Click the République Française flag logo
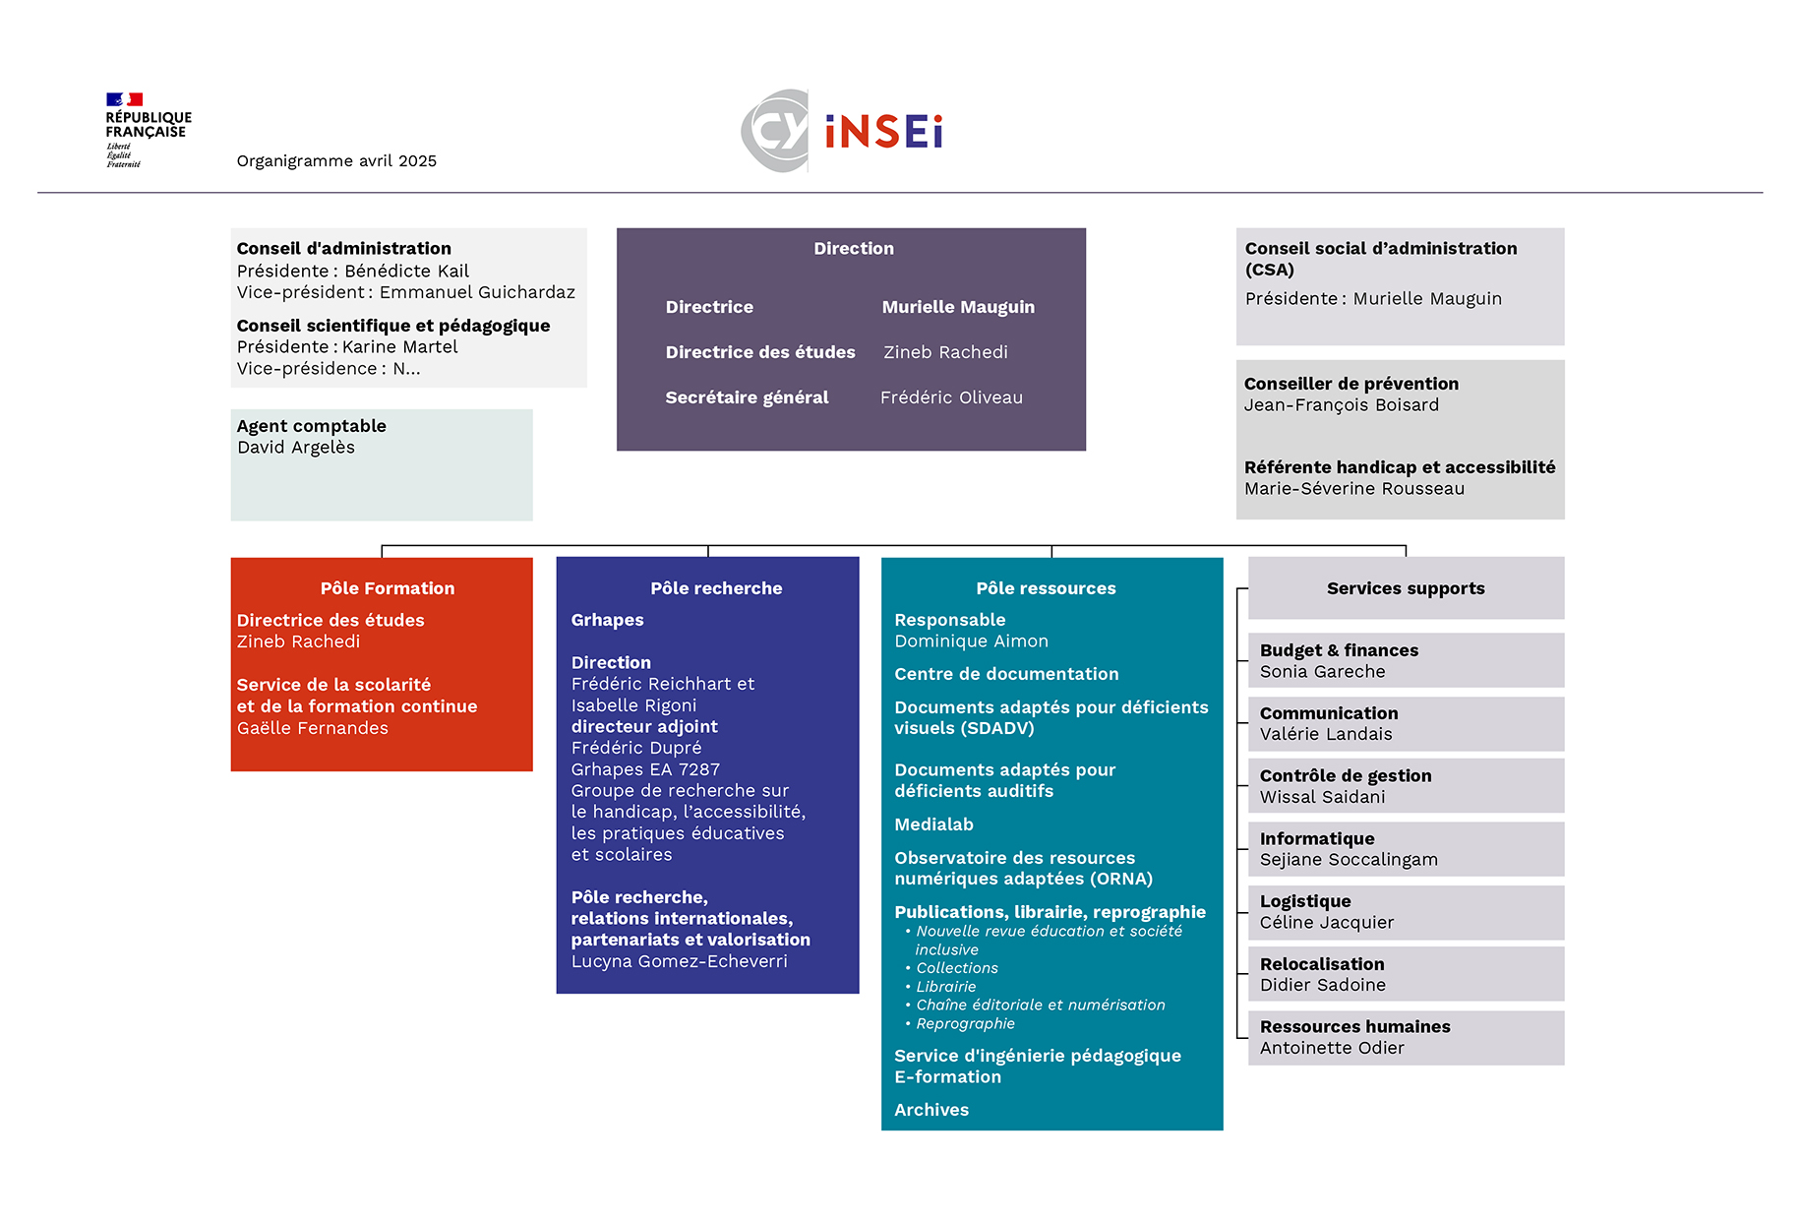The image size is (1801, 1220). tap(125, 99)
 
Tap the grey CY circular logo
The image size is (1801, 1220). tap(775, 131)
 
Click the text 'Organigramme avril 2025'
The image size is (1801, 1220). tap(336, 161)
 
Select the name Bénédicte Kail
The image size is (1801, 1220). tap(406, 271)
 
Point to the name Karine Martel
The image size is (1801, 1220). tap(399, 347)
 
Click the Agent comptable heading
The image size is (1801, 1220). tap(311, 426)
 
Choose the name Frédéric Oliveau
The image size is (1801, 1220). tap(951, 397)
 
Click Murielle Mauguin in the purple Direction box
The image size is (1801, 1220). tap(958, 307)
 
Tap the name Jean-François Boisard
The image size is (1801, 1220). tap(1341, 405)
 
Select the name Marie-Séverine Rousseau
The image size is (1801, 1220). tap(1353, 489)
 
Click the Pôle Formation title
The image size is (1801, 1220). tap(388, 588)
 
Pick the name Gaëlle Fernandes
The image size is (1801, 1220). tap(313, 728)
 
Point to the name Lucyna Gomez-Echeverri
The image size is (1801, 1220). tap(679, 961)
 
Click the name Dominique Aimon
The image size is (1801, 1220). tap(971, 641)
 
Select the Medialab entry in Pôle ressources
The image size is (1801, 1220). tap(933, 824)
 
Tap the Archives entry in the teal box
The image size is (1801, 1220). tap(931, 1110)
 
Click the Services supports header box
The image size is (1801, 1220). tap(1406, 588)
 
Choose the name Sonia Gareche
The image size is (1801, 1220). tap(1322, 672)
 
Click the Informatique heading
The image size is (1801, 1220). tap(1317, 838)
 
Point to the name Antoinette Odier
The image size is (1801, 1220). tap(1332, 1049)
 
